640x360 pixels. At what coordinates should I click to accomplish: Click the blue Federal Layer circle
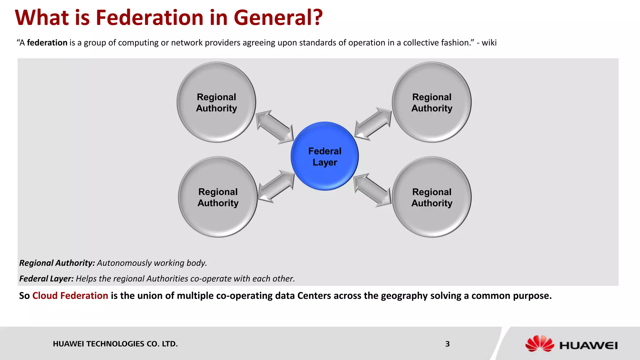[325, 156]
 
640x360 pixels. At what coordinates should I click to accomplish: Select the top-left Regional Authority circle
[216, 102]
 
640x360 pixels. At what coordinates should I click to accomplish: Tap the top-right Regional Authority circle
[432, 102]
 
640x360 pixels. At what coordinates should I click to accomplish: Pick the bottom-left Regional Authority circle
[218, 197]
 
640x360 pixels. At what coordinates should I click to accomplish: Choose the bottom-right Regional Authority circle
[432, 197]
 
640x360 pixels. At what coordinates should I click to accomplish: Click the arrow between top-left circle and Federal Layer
[275, 127]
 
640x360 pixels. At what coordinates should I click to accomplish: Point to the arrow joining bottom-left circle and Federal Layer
[276, 187]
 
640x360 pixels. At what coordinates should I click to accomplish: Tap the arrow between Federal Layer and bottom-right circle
[372, 190]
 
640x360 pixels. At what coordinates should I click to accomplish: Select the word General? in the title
[278, 17]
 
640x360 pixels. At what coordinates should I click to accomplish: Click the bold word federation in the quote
[47, 42]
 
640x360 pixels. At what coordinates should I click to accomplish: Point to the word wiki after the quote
[489, 42]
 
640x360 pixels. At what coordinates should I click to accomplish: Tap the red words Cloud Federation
[70, 296]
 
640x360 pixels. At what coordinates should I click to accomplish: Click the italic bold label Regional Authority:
[57, 263]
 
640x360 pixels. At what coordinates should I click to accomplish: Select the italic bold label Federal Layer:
[46, 278]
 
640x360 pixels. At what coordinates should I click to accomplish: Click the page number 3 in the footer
[447, 344]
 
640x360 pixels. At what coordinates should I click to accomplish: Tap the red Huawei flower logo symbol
[539, 343]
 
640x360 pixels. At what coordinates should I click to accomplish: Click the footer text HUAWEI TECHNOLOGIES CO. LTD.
[115, 344]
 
